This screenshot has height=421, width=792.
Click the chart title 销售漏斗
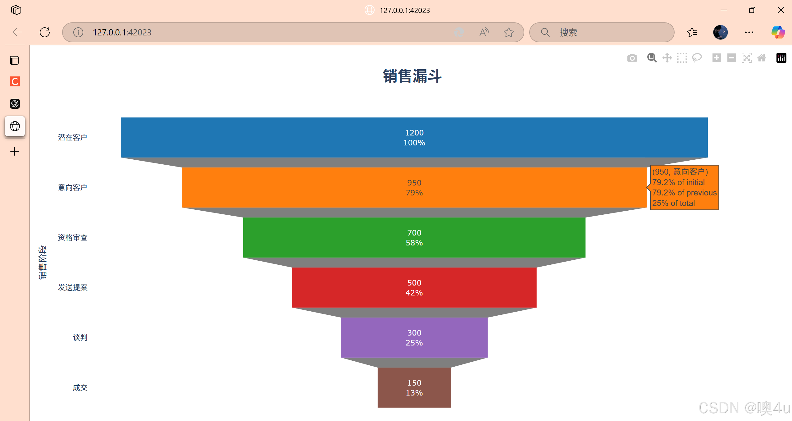(x=412, y=76)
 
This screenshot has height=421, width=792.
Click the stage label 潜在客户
(x=72, y=137)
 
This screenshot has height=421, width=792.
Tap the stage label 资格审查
(x=73, y=237)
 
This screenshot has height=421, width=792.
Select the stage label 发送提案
(x=73, y=287)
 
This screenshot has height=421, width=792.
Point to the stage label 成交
(x=80, y=387)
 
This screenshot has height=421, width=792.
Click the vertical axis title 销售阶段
(x=43, y=262)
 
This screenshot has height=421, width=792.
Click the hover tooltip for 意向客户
(x=684, y=187)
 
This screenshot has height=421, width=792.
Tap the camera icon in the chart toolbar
(x=632, y=58)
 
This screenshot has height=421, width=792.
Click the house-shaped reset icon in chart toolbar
(x=762, y=58)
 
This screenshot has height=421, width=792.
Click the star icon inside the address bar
(x=508, y=32)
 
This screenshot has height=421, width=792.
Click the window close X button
(x=781, y=10)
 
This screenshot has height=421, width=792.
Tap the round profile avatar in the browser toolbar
(x=720, y=32)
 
